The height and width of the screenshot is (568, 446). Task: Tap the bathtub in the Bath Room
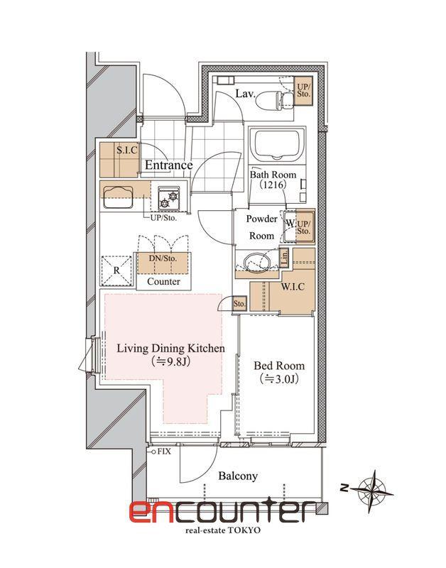(x=278, y=145)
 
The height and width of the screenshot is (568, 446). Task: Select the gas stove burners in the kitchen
(x=169, y=199)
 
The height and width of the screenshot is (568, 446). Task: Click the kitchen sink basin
(x=118, y=197)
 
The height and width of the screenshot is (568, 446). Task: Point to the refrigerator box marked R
(x=116, y=271)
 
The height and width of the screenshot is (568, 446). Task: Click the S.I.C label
(x=127, y=150)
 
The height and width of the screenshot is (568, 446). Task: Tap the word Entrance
(x=168, y=165)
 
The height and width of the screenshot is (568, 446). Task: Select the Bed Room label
(x=279, y=365)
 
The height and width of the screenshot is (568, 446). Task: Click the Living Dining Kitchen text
(x=170, y=349)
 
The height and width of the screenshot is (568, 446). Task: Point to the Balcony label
(x=238, y=476)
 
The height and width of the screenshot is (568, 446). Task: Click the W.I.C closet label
(x=293, y=288)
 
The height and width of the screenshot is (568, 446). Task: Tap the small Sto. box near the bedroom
(x=239, y=304)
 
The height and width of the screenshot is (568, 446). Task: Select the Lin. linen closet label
(x=284, y=257)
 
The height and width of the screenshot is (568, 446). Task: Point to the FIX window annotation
(x=163, y=452)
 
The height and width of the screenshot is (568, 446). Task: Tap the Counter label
(x=164, y=281)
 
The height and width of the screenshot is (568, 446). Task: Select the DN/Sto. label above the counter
(x=163, y=258)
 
